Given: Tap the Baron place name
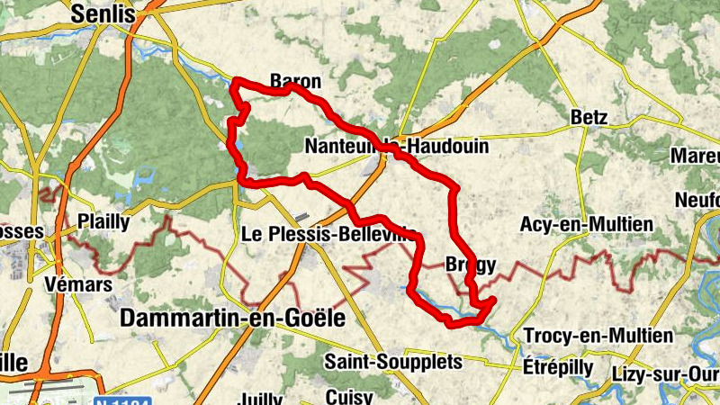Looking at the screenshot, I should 296,82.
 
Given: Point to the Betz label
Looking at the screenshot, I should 589,117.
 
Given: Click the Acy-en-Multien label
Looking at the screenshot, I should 586,224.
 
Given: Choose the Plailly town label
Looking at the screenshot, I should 104,221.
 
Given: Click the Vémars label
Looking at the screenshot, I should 78,284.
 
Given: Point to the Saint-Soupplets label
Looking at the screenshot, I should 393,362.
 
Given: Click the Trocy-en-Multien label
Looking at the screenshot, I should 598,336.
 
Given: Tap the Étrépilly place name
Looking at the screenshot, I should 558,367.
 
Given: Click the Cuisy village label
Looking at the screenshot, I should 343,395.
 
